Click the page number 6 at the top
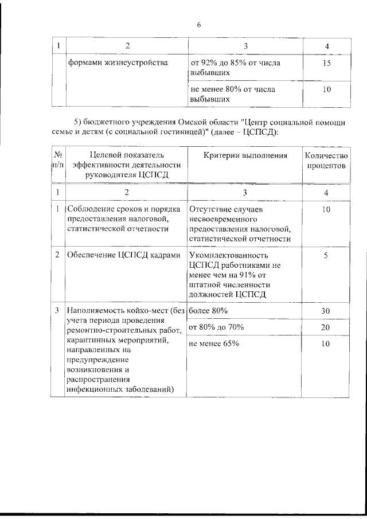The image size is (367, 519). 198,25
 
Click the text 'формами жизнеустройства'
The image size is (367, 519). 118,63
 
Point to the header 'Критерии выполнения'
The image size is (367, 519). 237,155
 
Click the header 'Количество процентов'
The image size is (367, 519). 326,161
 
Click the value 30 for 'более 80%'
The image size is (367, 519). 326,310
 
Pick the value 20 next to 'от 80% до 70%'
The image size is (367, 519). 326,327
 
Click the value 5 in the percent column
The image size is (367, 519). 326,255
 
